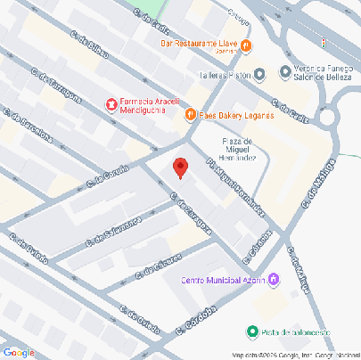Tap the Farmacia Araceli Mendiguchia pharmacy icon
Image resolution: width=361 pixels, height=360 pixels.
tap(111, 105)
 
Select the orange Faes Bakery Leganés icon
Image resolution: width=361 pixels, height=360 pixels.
tap(190, 115)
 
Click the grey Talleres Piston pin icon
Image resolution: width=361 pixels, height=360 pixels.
tap(259, 75)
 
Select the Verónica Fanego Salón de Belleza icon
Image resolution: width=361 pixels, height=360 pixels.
tap(284, 71)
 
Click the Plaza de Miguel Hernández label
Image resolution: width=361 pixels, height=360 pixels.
tap(239, 149)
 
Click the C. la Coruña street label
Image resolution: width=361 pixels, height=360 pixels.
tap(109, 176)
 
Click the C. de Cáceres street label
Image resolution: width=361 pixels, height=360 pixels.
tap(161, 267)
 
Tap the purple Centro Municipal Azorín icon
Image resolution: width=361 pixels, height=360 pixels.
tap(273, 280)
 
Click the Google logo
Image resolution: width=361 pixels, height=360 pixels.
tap(18, 353)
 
